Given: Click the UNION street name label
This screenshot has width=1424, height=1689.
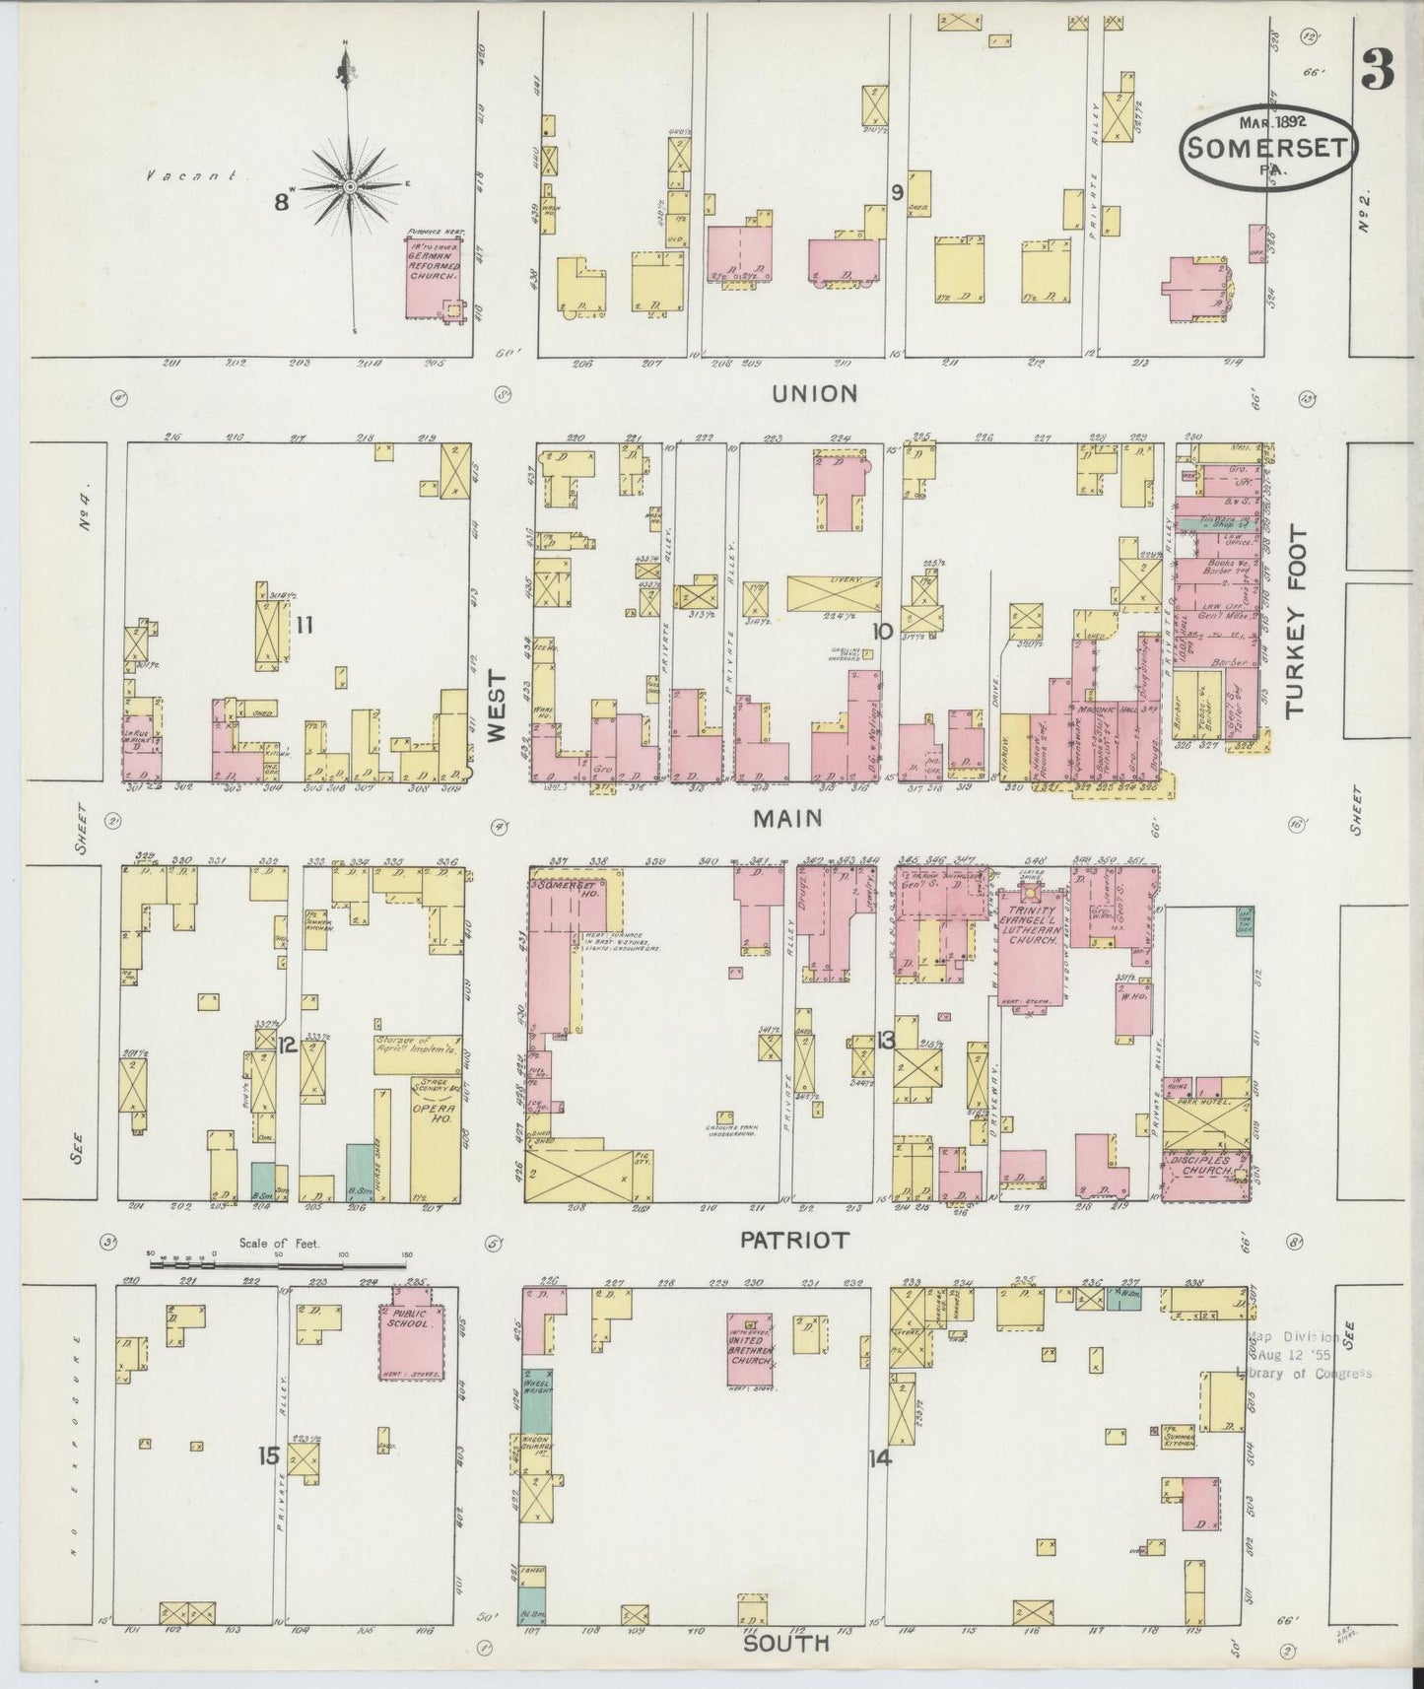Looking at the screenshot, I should coord(814,393).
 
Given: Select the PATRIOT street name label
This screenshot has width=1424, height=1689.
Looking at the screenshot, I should coord(794,1241).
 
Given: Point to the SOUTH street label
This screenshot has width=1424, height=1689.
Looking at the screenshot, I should coord(785,1644).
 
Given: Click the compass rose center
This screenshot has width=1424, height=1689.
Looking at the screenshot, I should coord(350,185).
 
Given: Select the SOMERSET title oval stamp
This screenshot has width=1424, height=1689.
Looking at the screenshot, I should coord(1268,147).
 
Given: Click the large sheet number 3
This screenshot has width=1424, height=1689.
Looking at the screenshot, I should coord(1378,70).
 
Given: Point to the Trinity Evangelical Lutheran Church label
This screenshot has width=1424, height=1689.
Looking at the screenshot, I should coord(1032,927).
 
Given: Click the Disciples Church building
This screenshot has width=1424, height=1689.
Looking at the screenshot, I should coord(1204,1176).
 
